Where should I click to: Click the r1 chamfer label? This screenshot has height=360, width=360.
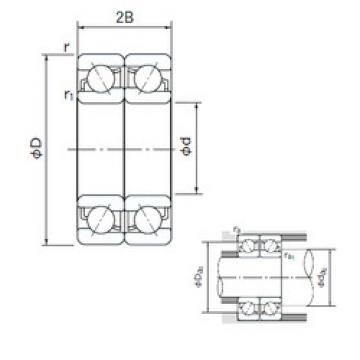(x=66, y=95)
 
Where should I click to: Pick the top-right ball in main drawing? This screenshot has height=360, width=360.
(x=145, y=78)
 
